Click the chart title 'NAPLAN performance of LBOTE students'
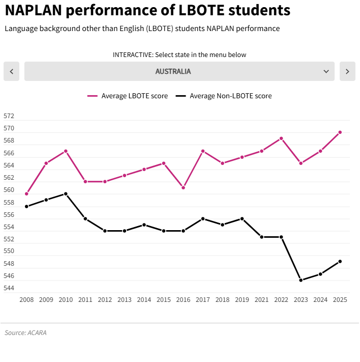pos(147,10)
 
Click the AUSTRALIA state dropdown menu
pos(179,71)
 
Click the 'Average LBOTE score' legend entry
pos(128,96)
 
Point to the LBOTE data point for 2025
pos(340,132)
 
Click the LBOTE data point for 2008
pos(26,194)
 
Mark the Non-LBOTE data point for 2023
pos(301,281)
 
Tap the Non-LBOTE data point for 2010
pos(66,194)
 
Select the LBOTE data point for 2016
pos(183,188)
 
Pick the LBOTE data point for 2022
pos(281,138)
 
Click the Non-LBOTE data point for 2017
pos(203,219)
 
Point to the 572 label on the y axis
pos(9,116)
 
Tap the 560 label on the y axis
pos(9,190)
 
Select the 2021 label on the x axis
pos(261,300)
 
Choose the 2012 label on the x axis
pos(105,300)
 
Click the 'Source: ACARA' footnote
pos(22,333)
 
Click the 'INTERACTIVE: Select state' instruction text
pos(179,54)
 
